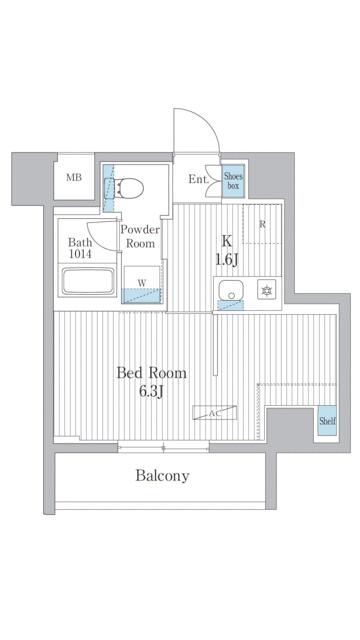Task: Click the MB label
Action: click(74, 178)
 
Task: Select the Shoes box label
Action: click(233, 181)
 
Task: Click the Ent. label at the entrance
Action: click(199, 180)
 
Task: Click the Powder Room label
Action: click(140, 236)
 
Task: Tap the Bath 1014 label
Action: click(80, 248)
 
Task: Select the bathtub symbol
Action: click(87, 281)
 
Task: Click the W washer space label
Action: click(142, 282)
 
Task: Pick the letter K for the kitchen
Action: click(227, 241)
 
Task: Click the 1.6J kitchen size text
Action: click(227, 260)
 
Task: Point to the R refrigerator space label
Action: click(263, 224)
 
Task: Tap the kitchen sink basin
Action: click(231, 290)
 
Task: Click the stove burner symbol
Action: click(267, 290)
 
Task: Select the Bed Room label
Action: click(151, 373)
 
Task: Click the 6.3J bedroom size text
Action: click(151, 392)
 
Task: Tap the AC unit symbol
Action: click(215, 413)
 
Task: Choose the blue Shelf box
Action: click(327, 420)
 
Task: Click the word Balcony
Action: click(162, 476)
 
